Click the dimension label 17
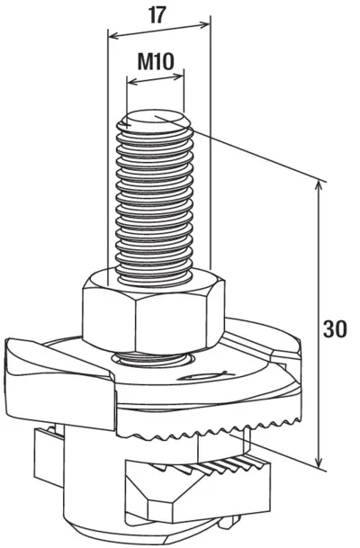tap(157, 15)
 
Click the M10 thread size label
tap(156, 61)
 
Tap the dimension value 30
tap(335, 328)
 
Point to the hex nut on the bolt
tap(153, 310)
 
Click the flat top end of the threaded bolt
tap(156, 121)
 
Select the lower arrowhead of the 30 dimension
tap(318, 461)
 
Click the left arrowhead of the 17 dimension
tap(114, 36)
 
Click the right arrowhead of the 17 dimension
tap(204, 24)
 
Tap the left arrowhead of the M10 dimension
tap(133, 83)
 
